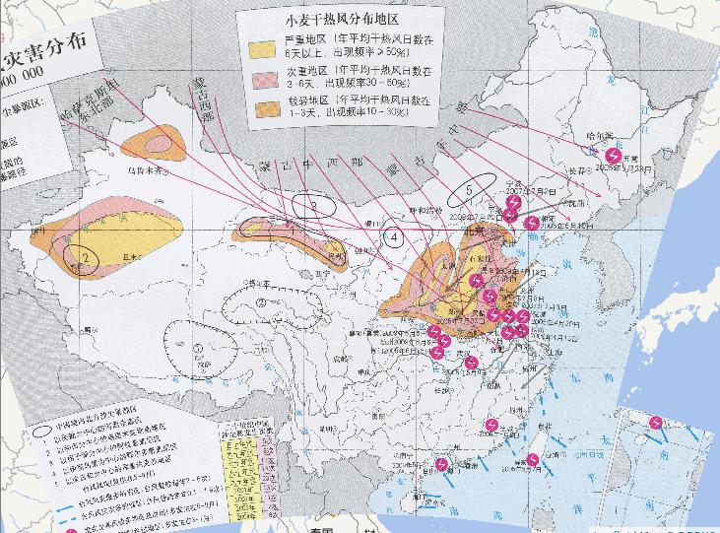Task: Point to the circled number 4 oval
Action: (394, 236)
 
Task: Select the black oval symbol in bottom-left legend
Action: (45, 431)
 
